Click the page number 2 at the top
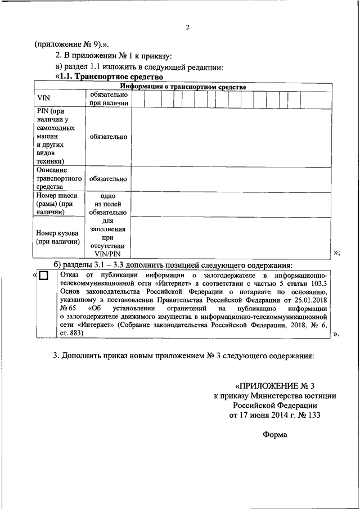[188, 28]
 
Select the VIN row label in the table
[43, 98]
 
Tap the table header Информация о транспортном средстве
[181, 87]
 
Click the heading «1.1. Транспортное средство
[109, 77]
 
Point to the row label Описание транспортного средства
[52, 178]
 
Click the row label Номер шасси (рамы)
[56, 204]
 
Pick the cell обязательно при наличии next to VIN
[109, 98]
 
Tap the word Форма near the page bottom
[274, 434]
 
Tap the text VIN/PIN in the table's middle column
[109, 255]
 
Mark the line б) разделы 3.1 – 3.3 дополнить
[173, 265]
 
